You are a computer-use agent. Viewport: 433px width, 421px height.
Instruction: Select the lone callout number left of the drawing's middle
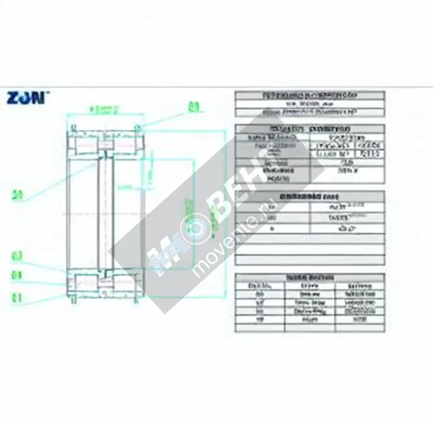point(17,195)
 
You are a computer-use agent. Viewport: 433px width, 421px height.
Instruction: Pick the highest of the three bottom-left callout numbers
point(17,257)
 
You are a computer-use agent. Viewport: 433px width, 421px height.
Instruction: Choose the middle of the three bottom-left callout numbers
point(17,275)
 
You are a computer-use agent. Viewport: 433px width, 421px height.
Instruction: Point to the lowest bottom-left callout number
point(17,297)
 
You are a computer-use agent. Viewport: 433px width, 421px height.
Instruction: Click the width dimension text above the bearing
point(105,109)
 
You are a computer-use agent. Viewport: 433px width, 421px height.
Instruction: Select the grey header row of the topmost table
point(310,95)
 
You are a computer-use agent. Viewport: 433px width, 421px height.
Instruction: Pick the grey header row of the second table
point(310,129)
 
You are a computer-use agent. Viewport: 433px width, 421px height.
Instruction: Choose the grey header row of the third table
point(310,197)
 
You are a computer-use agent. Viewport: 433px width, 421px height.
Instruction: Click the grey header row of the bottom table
point(310,278)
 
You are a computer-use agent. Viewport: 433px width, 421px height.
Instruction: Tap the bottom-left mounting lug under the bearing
point(73,298)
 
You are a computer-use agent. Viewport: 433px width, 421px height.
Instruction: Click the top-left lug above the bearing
point(73,127)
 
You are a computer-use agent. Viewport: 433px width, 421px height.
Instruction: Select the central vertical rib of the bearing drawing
point(105,213)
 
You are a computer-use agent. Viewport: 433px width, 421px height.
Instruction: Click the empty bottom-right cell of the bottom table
point(359,327)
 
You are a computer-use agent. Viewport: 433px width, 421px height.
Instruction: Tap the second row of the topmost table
point(310,104)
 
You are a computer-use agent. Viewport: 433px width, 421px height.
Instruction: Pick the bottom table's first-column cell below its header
point(260,286)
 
